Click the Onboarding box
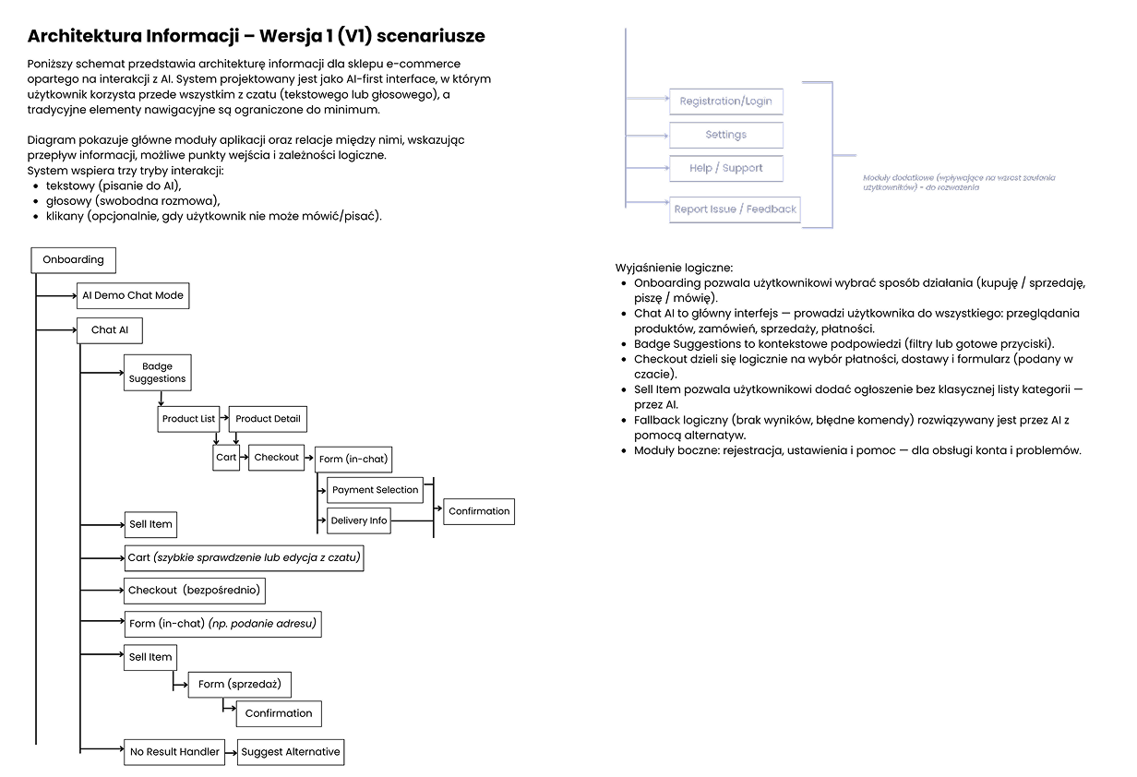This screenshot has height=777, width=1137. pyautogui.click(x=74, y=259)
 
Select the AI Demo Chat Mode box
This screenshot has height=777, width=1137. pyautogui.click(x=133, y=295)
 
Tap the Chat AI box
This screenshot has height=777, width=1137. pyautogui.click(x=110, y=329)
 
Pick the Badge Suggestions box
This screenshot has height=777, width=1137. pyautogui.click(x=158, y=372)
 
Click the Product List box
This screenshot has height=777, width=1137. pyautogui.click(x=188, y=418)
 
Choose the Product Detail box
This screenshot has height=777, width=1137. pyautogui.click(x=268, y=418)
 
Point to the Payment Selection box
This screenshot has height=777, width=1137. pyautogui.click(x=375, y=490)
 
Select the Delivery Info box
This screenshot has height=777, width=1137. pyautogui.click(x=359, y=520)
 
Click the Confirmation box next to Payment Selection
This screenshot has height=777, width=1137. pyautogui.click(x=479, y=511)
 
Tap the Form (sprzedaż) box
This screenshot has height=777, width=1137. pyautogui.click(x=240, y=684)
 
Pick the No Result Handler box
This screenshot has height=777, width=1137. pyautogui.click(x=174, y=751)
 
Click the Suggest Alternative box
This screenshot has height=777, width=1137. pyautogui.click(x=291, y=751)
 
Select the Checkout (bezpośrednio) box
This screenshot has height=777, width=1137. pyautogui.click(x=195, y=590)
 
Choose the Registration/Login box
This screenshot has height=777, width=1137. pyautogui.click(x=725, y=101)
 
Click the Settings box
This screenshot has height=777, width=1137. pyautogui.click(x=725, y=135)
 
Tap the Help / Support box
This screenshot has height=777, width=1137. pyautogui.click(x=725, y=168)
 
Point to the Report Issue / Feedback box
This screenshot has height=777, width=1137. pyautogui.click(x=735, y=209)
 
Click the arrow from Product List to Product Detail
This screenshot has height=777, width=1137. pyautogui.click(x=223, y=419)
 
